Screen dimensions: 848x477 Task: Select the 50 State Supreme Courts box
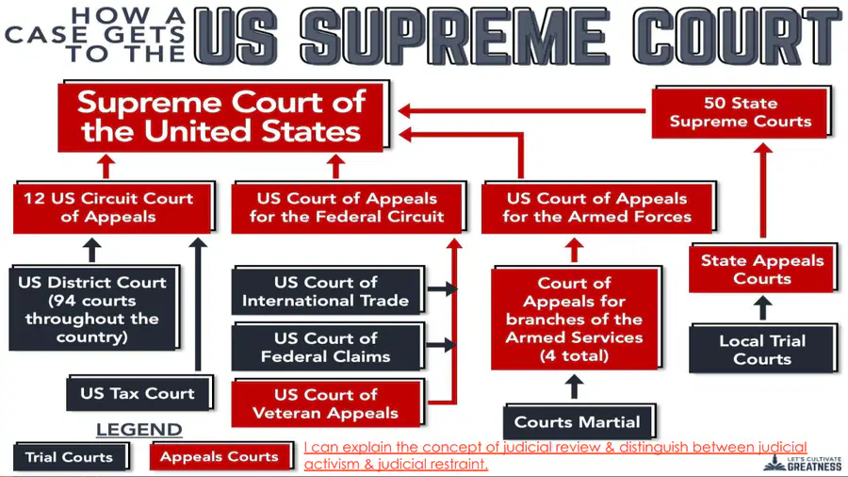coord(742,112)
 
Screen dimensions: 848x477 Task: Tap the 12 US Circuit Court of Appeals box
coord(114,207)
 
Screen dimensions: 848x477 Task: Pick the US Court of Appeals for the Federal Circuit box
coord(349,207)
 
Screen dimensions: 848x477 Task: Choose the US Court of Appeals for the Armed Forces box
coord(598,207)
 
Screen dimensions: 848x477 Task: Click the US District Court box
coord(94,308)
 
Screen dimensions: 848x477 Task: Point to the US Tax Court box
coord(139,393)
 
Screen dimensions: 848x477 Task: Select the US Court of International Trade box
coord(328,290)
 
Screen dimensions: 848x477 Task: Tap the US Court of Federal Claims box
coord(328,347)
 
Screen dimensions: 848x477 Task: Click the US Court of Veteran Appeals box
coord(328,403)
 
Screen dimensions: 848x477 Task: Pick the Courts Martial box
coord(579,421)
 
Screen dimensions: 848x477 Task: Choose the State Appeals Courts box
coord(763,269)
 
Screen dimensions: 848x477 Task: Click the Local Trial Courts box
coord(763,349)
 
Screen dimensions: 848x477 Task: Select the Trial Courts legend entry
coord(72,457)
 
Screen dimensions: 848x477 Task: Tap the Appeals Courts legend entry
coord(221,456)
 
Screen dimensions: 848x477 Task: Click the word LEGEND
coord(139,430)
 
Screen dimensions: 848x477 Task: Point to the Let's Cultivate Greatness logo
coord(803,463)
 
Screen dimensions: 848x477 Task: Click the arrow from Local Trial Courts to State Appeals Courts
coord(762,308)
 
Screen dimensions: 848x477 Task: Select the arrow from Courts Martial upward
coord(574,387)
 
